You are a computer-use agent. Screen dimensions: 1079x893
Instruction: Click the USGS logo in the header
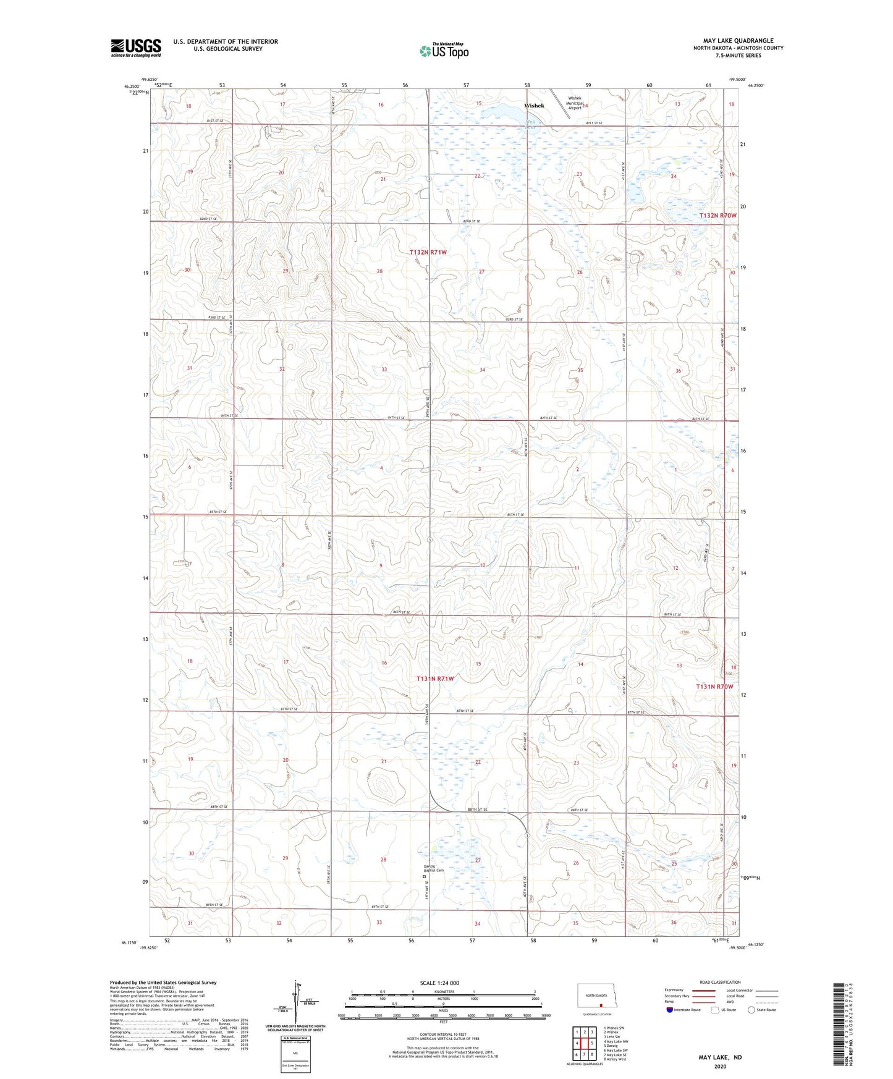tap(135, 48)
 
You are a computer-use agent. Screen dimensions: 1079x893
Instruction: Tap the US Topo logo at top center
tap(443, 51)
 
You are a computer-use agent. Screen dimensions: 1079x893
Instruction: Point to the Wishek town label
tap(534, 106)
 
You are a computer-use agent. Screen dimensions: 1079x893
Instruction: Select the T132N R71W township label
tap(428, 252)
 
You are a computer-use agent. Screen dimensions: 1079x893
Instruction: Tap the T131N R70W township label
tap(714, 687)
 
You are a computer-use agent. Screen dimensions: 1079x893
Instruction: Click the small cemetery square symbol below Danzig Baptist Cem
tap(424, 876)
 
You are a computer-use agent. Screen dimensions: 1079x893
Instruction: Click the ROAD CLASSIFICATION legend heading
tap(720, 982)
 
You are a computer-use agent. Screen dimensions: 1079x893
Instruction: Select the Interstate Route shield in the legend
tap(671, 1010)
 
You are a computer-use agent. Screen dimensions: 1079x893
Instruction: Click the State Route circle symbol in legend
tap(751, 1010)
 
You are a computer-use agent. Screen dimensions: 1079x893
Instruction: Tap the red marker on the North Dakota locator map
tap(600, 1005)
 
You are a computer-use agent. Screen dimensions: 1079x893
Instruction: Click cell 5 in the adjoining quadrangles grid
tap(591, 1043)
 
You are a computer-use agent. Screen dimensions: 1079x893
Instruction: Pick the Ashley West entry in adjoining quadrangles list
tap(615, 1059)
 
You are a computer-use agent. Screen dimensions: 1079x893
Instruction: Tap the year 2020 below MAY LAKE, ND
tap(720, 1066)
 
